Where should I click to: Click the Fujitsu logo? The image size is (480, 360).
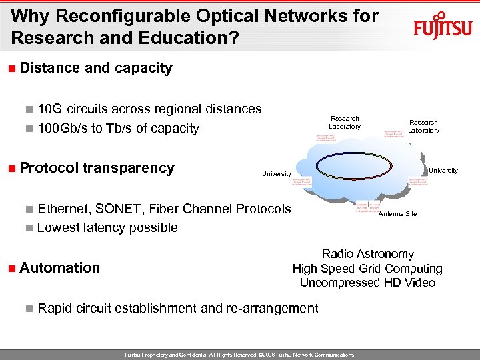point(443,26)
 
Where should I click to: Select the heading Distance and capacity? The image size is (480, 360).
point(96,68)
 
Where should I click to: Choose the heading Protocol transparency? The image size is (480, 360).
point(97,168)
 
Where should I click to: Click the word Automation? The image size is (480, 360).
point(60,268)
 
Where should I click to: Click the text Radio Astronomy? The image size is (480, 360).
point(367,254)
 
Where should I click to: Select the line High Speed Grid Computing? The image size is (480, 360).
point(367,269)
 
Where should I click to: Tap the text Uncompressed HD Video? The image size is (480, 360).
point(367,283)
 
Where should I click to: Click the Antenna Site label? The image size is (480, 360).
point(397,214)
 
